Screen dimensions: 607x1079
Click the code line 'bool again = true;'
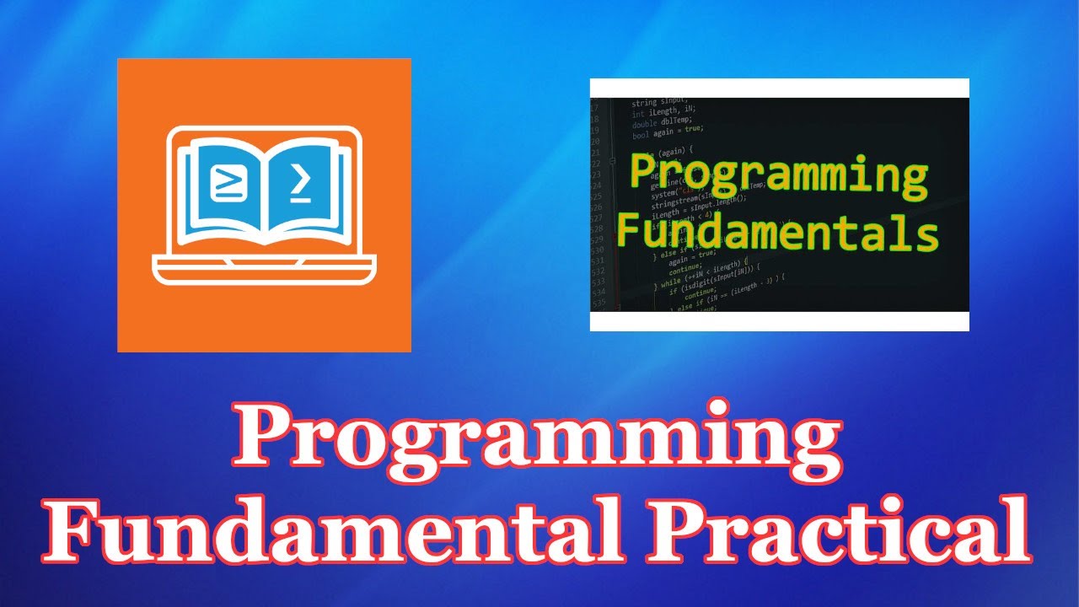pyautogui.click(x=667, y=129)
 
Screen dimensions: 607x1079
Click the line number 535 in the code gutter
pyautogui.click(x=600, y=301)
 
